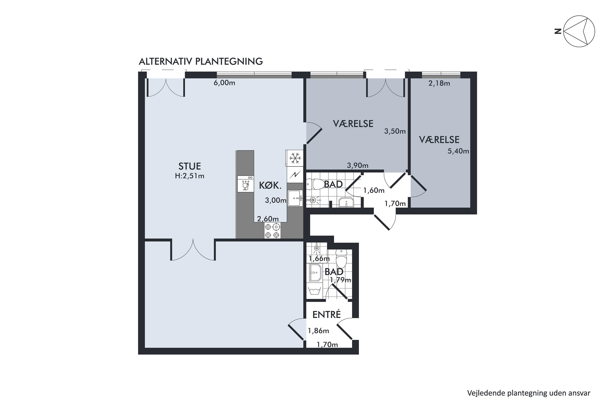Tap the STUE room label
click(190, 166)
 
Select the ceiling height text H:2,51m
click(190, 176)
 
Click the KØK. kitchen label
click(270, 185)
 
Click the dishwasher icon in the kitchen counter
click(245, 184)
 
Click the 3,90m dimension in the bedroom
click(358, 165)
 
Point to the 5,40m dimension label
click(458, 151)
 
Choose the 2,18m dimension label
click(439, 83)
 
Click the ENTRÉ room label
click(327, 315)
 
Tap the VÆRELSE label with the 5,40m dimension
click(439, 140)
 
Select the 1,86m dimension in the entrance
click(318, 331)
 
